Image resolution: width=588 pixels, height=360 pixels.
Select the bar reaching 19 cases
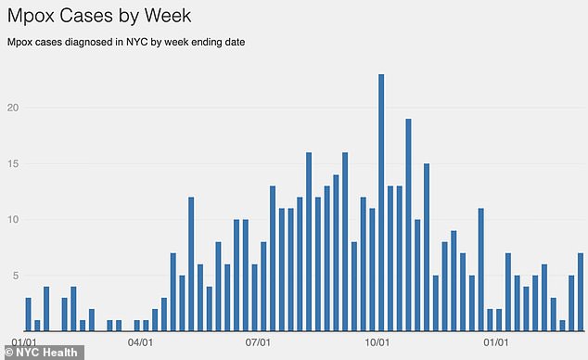408,225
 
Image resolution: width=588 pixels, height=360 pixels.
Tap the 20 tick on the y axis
13,108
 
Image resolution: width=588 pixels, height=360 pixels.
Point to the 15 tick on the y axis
13,164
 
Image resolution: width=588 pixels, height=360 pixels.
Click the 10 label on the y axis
13,220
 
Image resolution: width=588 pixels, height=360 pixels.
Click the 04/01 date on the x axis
140,342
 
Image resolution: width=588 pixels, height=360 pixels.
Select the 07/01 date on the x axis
259,342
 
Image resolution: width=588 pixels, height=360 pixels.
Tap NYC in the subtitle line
121,43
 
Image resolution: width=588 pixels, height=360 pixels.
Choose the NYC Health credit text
46,352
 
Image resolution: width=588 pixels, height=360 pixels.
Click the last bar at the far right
581,292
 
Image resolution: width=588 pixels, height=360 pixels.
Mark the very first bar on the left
29,315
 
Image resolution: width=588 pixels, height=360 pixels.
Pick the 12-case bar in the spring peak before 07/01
191,264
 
